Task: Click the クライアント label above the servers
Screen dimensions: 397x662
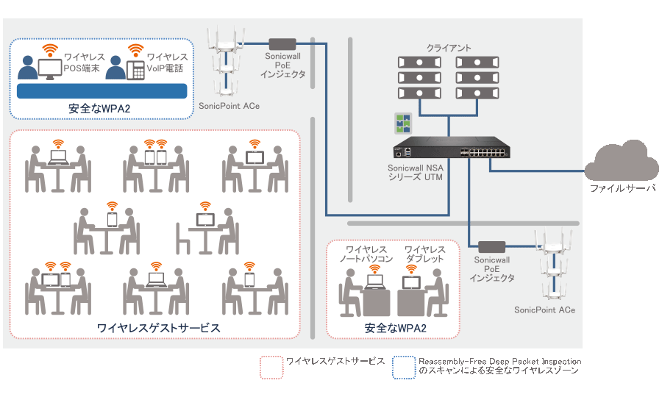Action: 449,48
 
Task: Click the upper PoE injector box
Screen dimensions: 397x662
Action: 282,43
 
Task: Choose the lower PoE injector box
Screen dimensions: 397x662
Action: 492,246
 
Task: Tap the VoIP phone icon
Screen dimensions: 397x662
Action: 135,70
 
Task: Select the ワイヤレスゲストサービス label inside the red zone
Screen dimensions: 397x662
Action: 158,327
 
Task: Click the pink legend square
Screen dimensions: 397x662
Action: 271,367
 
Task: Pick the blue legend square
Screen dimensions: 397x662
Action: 404,367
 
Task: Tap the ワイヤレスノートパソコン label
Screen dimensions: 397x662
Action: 366,254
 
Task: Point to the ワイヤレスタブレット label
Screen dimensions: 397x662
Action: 424,254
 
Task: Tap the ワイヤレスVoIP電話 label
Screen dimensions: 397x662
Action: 166,62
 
